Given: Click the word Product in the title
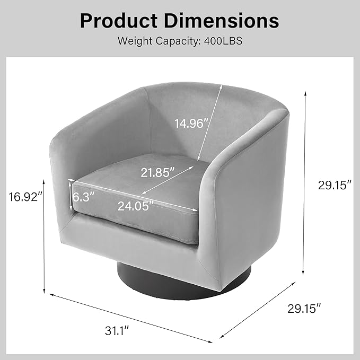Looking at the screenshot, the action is tap(119, 21).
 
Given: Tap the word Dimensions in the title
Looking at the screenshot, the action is tap(221, 21).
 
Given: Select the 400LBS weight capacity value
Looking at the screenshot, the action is tap(223, 41).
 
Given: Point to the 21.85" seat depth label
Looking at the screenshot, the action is tap(157, 172).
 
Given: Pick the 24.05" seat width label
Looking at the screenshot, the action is tap(135, 206).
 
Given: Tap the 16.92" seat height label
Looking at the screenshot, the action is tap(25, 197).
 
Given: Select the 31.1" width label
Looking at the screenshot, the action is tap(117, 331).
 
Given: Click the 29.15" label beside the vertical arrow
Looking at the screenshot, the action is tap(335, 185).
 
